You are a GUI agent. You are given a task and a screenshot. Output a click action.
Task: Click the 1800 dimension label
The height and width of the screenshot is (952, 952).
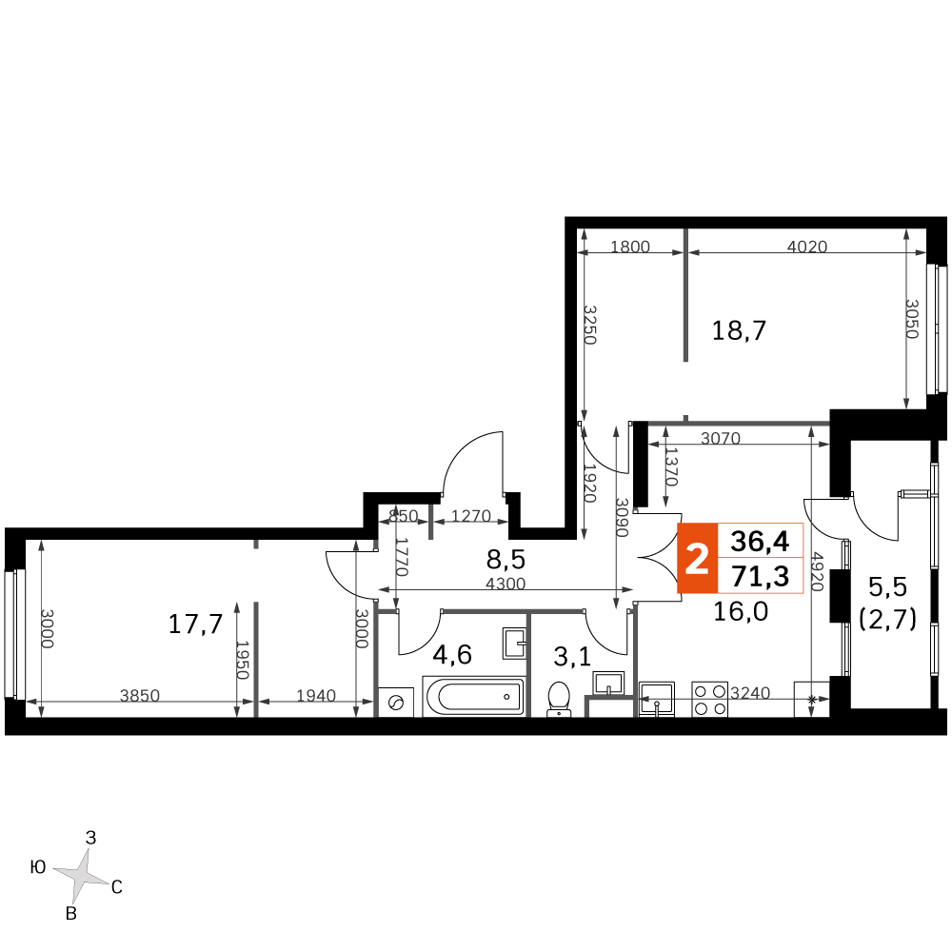pyautogui.click(x=629, y=248)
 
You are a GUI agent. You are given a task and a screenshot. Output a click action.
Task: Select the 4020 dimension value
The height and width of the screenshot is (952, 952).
pyautogui.click(x=807, y=248)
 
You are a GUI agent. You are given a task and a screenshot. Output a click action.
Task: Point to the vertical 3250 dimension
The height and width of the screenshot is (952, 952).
pyautogui.click(x=589, y=326)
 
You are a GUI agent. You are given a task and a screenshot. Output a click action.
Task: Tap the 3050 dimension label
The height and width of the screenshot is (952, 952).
pyautogui.click(x=911, y=319)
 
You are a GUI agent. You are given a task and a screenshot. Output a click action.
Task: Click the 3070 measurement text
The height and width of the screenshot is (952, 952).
pyautogui.click(x=721, y=439)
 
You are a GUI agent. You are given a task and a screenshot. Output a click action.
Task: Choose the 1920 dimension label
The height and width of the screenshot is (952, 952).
pyautogui.click(x=589, y=483)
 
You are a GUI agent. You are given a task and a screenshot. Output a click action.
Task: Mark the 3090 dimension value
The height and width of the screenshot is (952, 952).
pyautogui.click(x=622, y=518)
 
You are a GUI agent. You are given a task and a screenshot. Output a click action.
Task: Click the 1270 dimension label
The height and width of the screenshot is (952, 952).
pyautogui.click(x=470, y=516)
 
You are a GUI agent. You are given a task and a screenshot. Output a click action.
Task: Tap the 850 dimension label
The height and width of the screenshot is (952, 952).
pyautogui.click(x=404, y=516)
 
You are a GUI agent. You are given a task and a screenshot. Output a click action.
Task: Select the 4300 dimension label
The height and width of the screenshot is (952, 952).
pyautogui.click(x=506, y=584)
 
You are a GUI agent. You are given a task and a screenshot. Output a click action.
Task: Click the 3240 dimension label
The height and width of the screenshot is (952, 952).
pyautogui.click(x=750, y=693)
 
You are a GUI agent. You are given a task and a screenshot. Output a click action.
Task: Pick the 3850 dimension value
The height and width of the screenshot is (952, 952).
pyautogui.click(x=140, y=696)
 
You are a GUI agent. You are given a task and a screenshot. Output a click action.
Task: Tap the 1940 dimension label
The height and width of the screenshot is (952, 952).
pyautogui.click(x=316, y=696)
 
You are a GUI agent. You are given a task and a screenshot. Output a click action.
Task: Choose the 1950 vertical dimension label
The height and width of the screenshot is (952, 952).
pyautogui.click(x=243, y=660)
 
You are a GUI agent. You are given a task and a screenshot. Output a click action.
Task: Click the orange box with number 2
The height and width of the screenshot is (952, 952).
pyautogui.click(x=697, y=559)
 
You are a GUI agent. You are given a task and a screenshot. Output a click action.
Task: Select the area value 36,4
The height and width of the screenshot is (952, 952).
pyautogui.click(x=760, y=542)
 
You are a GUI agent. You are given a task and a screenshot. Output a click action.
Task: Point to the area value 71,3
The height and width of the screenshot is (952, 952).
pyautogui.click(x=760, y=576)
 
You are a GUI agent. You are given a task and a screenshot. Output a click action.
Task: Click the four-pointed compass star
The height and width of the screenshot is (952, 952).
pyautogui.click(x=81, y=875)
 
